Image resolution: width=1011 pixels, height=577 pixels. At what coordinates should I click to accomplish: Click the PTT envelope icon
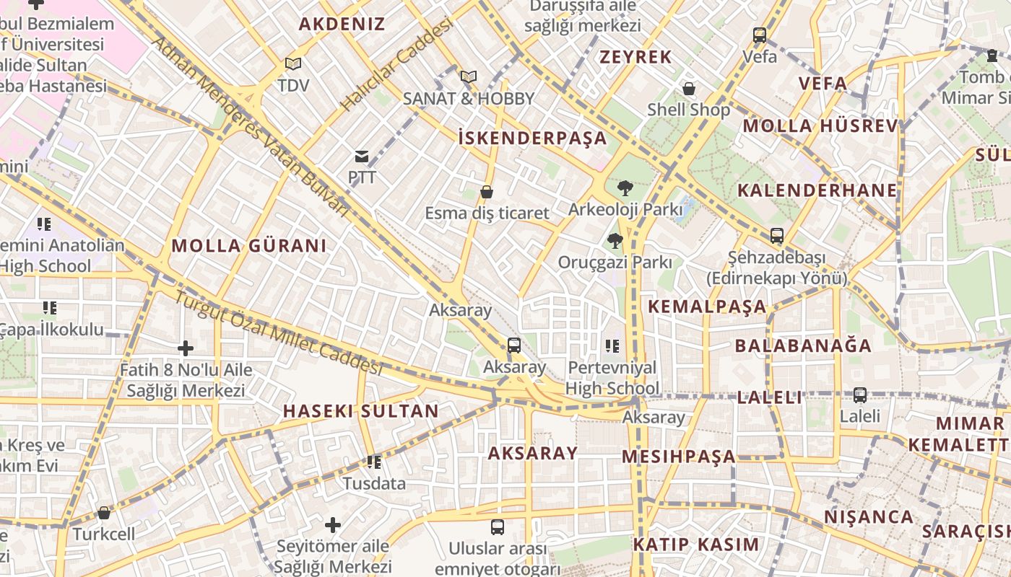click(x=361, y=156)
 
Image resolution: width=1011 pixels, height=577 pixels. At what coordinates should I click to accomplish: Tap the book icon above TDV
click(x=292, y=64)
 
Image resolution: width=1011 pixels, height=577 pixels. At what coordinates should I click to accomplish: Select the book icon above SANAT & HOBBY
click(x=468, y=76)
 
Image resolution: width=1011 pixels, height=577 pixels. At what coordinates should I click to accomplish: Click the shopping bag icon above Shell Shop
click(x=689, y=89)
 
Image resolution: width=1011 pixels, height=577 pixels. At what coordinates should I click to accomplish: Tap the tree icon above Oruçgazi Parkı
click(x=615, y=241)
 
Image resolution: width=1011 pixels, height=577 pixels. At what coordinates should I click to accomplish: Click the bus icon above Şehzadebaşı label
click(x=777, y=235)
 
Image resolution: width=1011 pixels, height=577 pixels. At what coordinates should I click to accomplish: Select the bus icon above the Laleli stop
click(x=859, y=395)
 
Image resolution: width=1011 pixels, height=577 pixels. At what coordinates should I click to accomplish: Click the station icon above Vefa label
click(x=760, y=35)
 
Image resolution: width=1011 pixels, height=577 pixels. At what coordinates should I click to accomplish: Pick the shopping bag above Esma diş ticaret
click(x=487, y=192)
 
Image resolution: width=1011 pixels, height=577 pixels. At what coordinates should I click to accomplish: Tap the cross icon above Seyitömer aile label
click(x=333, y=524)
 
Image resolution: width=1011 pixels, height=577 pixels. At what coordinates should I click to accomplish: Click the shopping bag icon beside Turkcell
click(x=104, y=513)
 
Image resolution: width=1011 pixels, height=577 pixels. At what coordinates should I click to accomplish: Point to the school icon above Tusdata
click(x=373, y=462)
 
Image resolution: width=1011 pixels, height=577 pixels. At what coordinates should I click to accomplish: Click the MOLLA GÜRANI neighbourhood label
click(x=248, y=245)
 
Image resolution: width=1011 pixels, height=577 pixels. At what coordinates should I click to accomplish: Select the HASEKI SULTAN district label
click(x=360, y=411)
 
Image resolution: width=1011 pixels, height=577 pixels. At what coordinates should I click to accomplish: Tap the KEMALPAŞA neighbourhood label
click(x=706, y=306)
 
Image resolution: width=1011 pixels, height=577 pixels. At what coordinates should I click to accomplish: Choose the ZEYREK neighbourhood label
click(x=635, y=57)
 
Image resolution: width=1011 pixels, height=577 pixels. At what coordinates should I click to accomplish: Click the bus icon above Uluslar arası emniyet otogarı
click(x=497, y=527)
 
